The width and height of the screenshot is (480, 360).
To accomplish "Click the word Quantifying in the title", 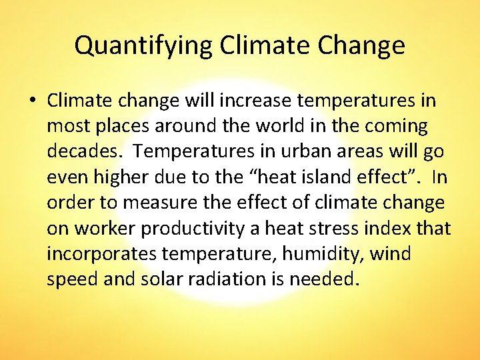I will pos(143,46).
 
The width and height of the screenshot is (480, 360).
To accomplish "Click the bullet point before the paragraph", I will pos(31,101).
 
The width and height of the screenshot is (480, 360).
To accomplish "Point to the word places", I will pos(119,127).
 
